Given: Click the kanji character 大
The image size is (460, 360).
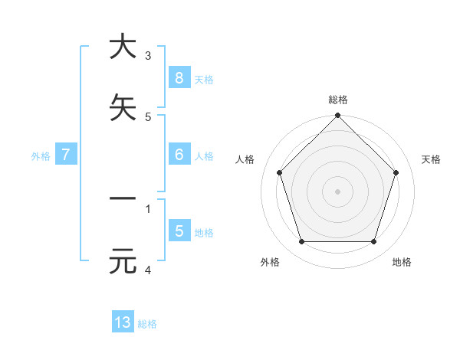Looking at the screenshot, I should pyautogui.click(x=122, y=46).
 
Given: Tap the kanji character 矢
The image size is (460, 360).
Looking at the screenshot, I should pyautogui.click(x=122, y=107).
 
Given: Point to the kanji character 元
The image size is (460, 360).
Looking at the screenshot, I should pyautogui.click(x=122, y=261).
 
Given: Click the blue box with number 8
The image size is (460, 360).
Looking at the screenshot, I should pyautogui.click(x=179, y=77).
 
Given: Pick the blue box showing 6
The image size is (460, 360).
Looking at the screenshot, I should pyautogui.click(x=179, y=155).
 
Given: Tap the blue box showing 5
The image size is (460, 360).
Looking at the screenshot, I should pyautogui.click(x=179, y=231).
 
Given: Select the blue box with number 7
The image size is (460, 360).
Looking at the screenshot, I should pyautogui.click(x=66, y=155).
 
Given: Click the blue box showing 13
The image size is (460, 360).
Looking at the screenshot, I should pyautogui.click(x=123, y=322).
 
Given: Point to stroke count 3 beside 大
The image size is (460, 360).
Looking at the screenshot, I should pyautogui.click(x=148, y=55).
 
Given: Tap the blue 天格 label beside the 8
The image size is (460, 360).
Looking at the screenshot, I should pyautogui.click(x=203, y=79).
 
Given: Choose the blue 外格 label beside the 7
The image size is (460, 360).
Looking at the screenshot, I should pyautogui.click(x=41, y=156).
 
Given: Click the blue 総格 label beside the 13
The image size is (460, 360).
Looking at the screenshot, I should pyautogui.click(x=147, y=324).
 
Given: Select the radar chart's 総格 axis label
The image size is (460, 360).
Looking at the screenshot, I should pyautogui.click(x=338, y=100).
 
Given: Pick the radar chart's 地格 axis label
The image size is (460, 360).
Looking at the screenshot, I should pyautogui.click(x=402, y=263).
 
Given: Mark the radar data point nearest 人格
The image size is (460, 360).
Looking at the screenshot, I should pyautogui.click(x=279, y=172).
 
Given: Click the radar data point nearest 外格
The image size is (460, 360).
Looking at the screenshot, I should pyautogui.click(x=301, y=242).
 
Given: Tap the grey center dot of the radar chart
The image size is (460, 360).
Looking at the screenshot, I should pyautogui.click(x=338, y=191).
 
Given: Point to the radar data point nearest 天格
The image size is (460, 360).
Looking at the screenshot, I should pyautogui.click(x=396, y=172).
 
